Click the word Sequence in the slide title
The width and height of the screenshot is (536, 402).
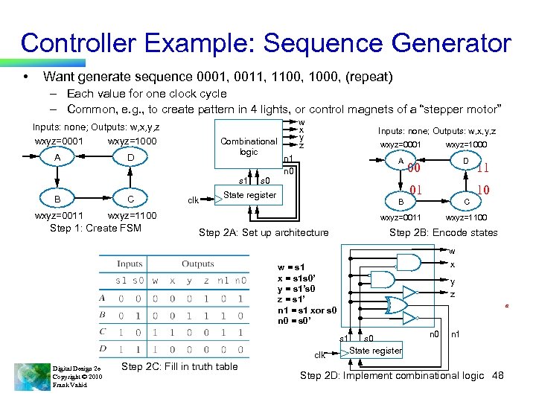pyautogui.click(x=310, y=42)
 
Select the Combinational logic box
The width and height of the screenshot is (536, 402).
pyautogui.click(x=249, y=147)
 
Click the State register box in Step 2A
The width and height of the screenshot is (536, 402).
pyautogui.click(x=250, y=195)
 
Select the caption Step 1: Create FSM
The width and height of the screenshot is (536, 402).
pyautogui.click(x=95, y=228)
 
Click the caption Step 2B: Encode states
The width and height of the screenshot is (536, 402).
pyautogui.click(x=444, y=232)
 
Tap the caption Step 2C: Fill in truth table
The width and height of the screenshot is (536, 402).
pyautogui.click(x=179, y=366)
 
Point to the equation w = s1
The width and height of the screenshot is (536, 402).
pyautogui.click(x=291, y=267)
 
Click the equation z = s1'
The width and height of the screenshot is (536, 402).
pyautogui.click(x=290, y=300)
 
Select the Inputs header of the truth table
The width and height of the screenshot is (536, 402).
pyautogui.click(x=130, y=264)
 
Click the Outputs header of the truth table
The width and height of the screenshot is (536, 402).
pyautogui.click(x=198, y=264)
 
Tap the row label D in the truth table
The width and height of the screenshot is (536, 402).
pyautogui.click(x=102, y=348)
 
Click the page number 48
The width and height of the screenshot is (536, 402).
pyautogui.click(x=497, y=375)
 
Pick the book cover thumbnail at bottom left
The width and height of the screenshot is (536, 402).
pyautogui.click(x=32, y=376)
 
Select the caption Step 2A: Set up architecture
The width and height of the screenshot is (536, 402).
pyautogui.click(x=264, y=232)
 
